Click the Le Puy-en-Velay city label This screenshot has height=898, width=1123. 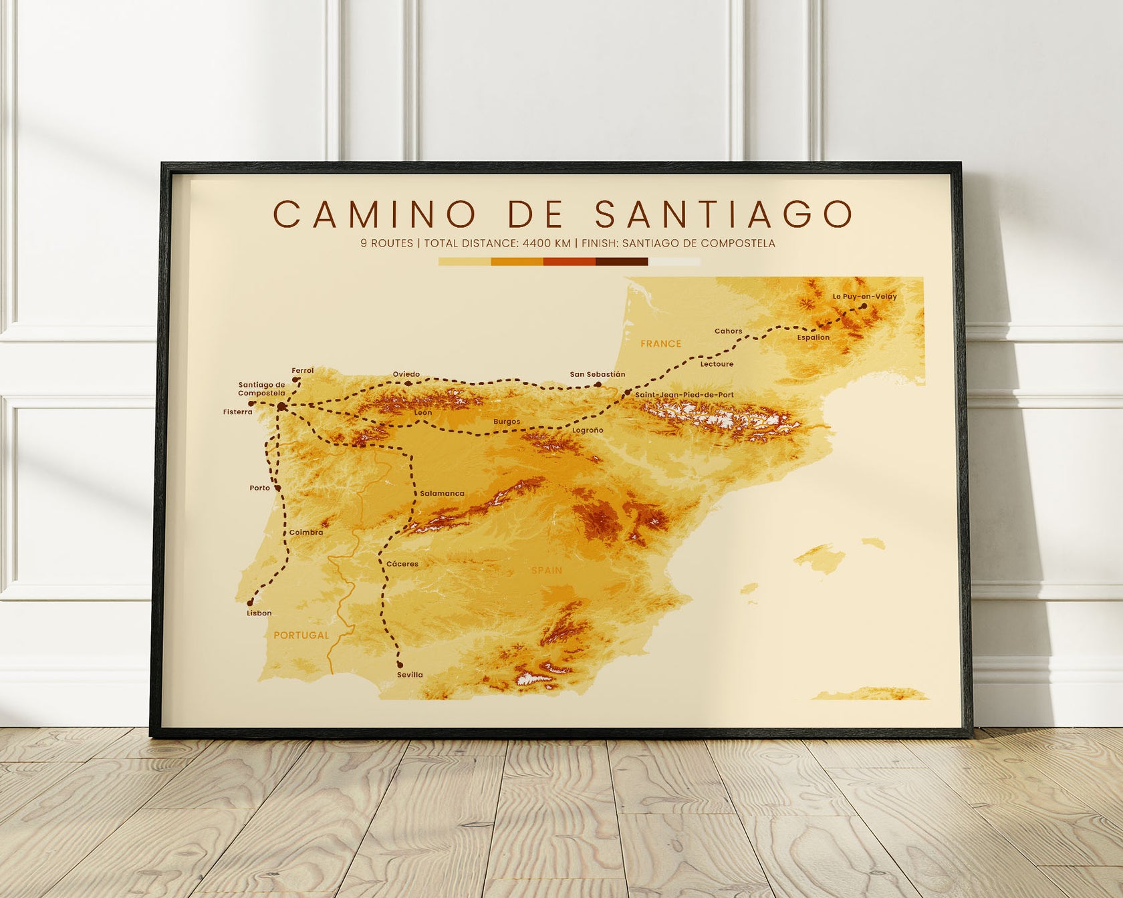pyautogui.click(x=864, y=296)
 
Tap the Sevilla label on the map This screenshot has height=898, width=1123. pyautogui.click(x=410, y=675)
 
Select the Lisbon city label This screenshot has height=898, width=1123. pyautogui.click(x=259, y=613)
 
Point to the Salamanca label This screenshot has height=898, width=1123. pyautogui.click(x=442, y=493)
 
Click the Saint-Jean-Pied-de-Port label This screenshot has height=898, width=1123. pyautogui.click(x=684, y=395)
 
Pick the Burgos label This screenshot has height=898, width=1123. pyautogui.click(x=507, y=422)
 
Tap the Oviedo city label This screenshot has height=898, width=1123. pyautogui.click(x=406, y=374)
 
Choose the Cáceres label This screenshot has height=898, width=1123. pyautogui.click(x=402, y=564)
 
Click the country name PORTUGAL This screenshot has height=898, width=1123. pyautogui.click(x=301, y=635)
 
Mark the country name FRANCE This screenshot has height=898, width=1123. pyautogui.click(x=660, y=343)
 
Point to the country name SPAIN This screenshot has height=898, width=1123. pyautogui.click(x=546, y=570)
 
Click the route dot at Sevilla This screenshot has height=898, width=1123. pyautogui.click(x=400, y=665)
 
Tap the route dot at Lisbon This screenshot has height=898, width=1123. pyautogui.click(x=250, y=603)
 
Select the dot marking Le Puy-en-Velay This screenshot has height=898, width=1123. pyautogui.click(x=864, y=306)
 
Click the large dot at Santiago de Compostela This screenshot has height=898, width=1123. pyautogui.click(x=282, y=406)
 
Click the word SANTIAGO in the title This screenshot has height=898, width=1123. pyautogui.click(x=724, y=214)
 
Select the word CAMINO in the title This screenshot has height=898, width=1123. pyautogui.click(x=374, y=214)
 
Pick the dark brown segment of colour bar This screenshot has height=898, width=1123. pyautogui.click(x=622, y=262)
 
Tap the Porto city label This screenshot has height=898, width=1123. pyautogui.click(x=259, y=488)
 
